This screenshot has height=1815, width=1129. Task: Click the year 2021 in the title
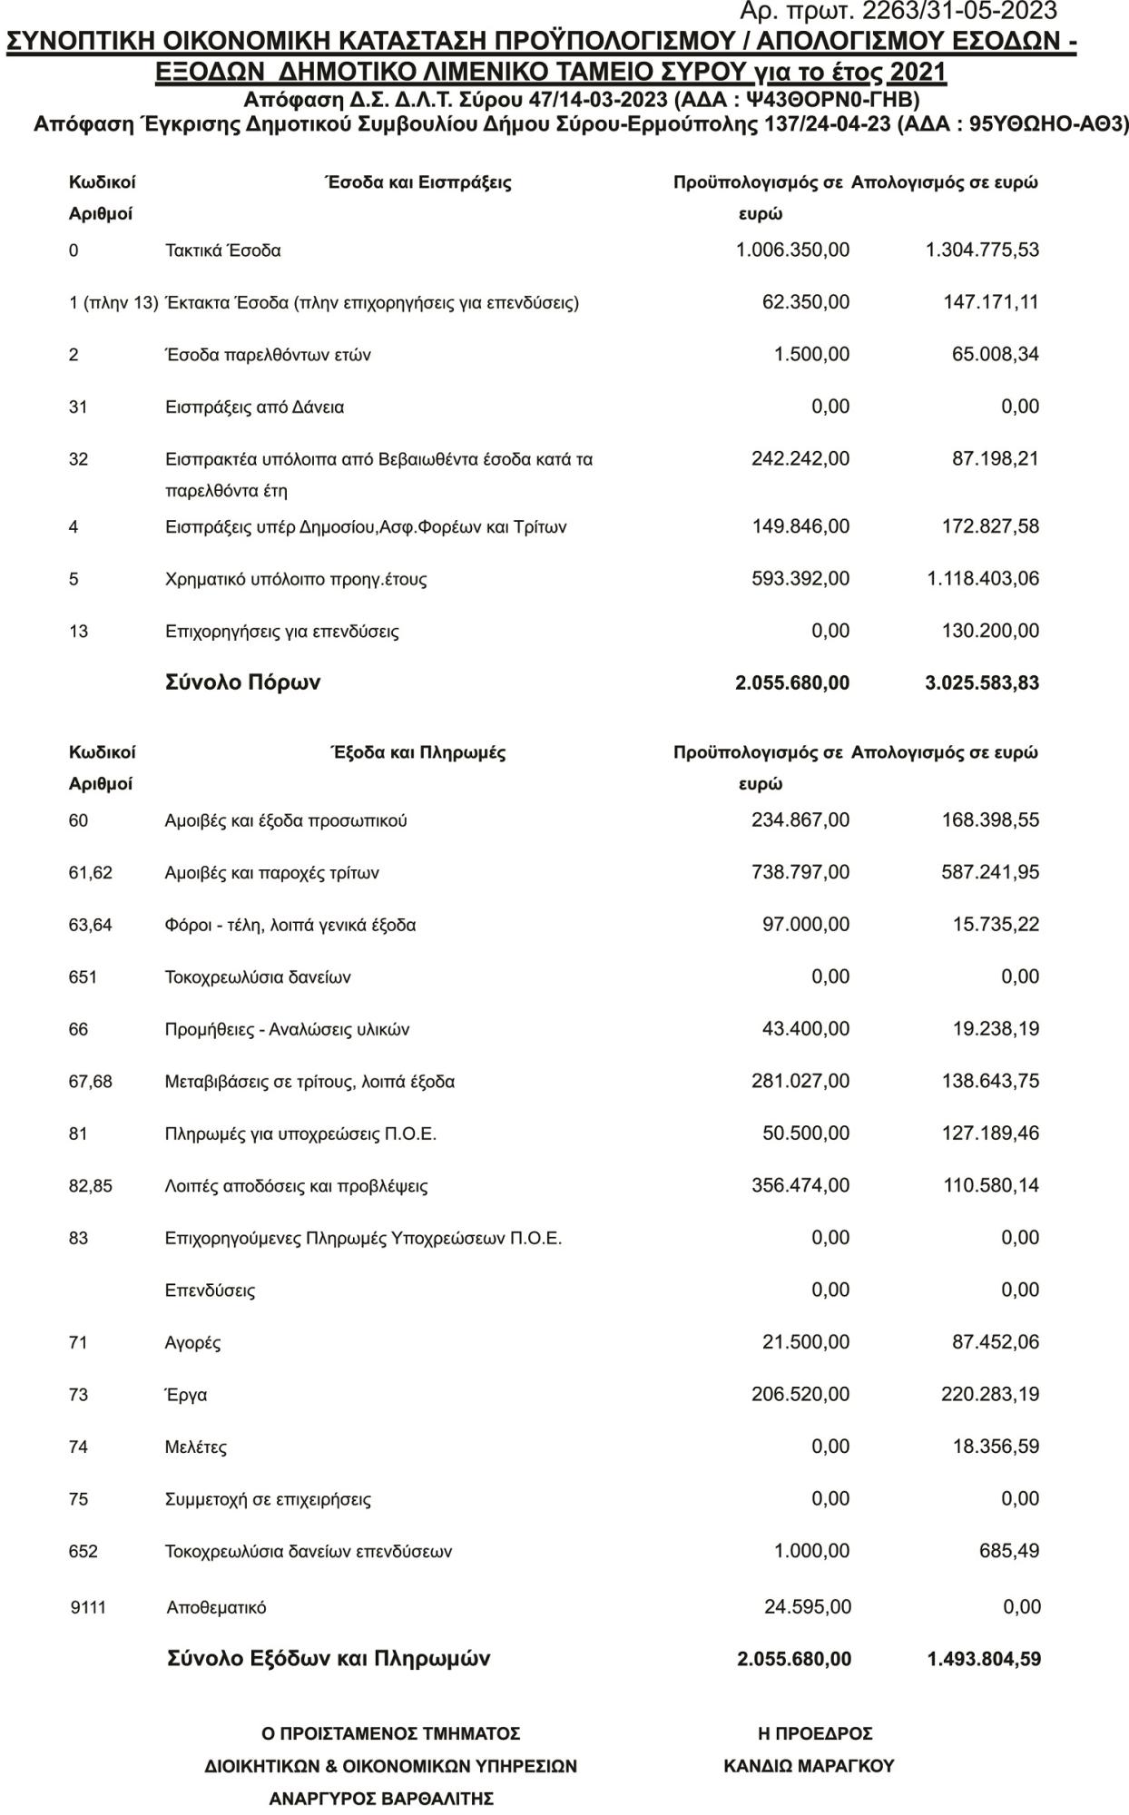[x=918, y=73]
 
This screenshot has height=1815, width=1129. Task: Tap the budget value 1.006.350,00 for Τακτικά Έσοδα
[x=792, y=250]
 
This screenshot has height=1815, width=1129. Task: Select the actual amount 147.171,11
[x=991, y=302]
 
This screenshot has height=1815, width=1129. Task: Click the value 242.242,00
[x=800, y=459]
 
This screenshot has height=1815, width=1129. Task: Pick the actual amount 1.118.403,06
[x=983, y=579]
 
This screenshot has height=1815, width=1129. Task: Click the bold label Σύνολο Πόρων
[x=242, y=682]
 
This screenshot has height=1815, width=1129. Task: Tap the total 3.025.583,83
[x=982, y=683]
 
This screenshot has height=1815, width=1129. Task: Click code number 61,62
[x=91, y=873]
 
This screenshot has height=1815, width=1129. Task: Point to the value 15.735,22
[x=996, y=925]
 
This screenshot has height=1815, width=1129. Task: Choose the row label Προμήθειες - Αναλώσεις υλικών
[x=287, y=1029]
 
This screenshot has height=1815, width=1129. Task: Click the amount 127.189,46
[x=991, y=1133]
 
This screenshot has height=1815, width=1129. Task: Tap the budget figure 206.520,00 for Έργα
[x=800, y=1394]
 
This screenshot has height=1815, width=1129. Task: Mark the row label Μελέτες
[x=195, y=1447]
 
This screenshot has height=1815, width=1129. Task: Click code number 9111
[x=88, y=1607]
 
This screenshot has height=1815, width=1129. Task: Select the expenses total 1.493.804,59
[x=984, y=1659]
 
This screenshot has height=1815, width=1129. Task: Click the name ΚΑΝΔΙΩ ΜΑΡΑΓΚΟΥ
[x=809, y=1766]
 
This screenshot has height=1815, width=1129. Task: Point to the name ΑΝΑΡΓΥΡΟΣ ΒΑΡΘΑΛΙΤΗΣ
[x=381, y=1799]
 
